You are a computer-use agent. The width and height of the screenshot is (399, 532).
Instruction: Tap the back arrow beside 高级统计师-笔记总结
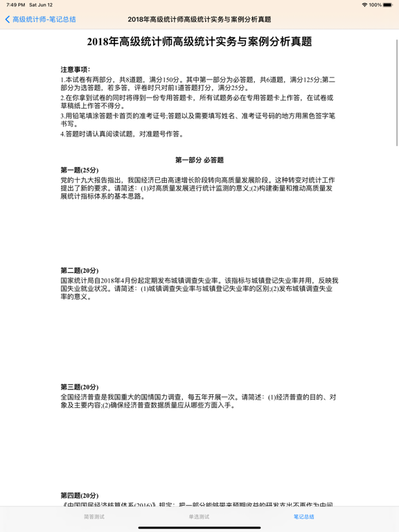coord(8,19)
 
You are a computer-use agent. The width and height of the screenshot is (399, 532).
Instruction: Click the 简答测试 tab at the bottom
coord(94,517)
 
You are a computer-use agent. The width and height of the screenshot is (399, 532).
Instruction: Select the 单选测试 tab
coord(199,517)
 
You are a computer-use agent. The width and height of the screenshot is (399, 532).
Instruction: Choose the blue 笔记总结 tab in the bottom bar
coord(303,517)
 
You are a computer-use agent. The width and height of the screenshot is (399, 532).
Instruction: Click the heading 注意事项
coord(76,70)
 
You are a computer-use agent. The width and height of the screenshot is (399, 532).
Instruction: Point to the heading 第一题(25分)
coord(80,170)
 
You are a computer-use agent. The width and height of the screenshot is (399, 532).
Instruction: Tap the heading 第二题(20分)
coord(80,271)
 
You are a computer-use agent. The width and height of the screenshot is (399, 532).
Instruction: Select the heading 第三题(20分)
coord(80,387)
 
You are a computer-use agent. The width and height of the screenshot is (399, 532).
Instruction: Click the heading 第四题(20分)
coord(80,496)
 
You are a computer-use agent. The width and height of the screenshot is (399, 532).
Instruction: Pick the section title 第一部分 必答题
coord(199,160)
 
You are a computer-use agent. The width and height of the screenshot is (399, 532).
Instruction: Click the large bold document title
coord(199,42)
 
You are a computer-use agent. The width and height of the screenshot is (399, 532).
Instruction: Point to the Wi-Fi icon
coord(365,5)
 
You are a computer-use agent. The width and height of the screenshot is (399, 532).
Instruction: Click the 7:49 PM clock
coord(15,5)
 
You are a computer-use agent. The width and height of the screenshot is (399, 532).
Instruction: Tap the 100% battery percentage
coord(375,5)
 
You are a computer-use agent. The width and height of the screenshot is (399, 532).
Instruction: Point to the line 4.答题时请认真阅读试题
coord(122,134)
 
